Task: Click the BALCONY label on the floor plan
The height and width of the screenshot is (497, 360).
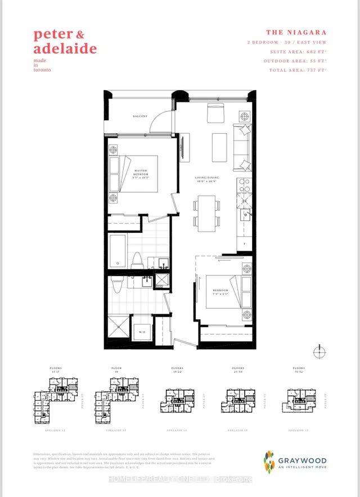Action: [x=140, y=116]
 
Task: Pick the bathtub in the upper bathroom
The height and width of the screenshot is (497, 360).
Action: [x=119, y=251]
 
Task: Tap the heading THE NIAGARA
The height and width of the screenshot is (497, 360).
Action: [x=296, y=33]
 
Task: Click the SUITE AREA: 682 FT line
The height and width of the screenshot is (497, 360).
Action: [x=296, y=52]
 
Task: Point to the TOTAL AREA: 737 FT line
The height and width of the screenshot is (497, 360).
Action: [x=296, y=70]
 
